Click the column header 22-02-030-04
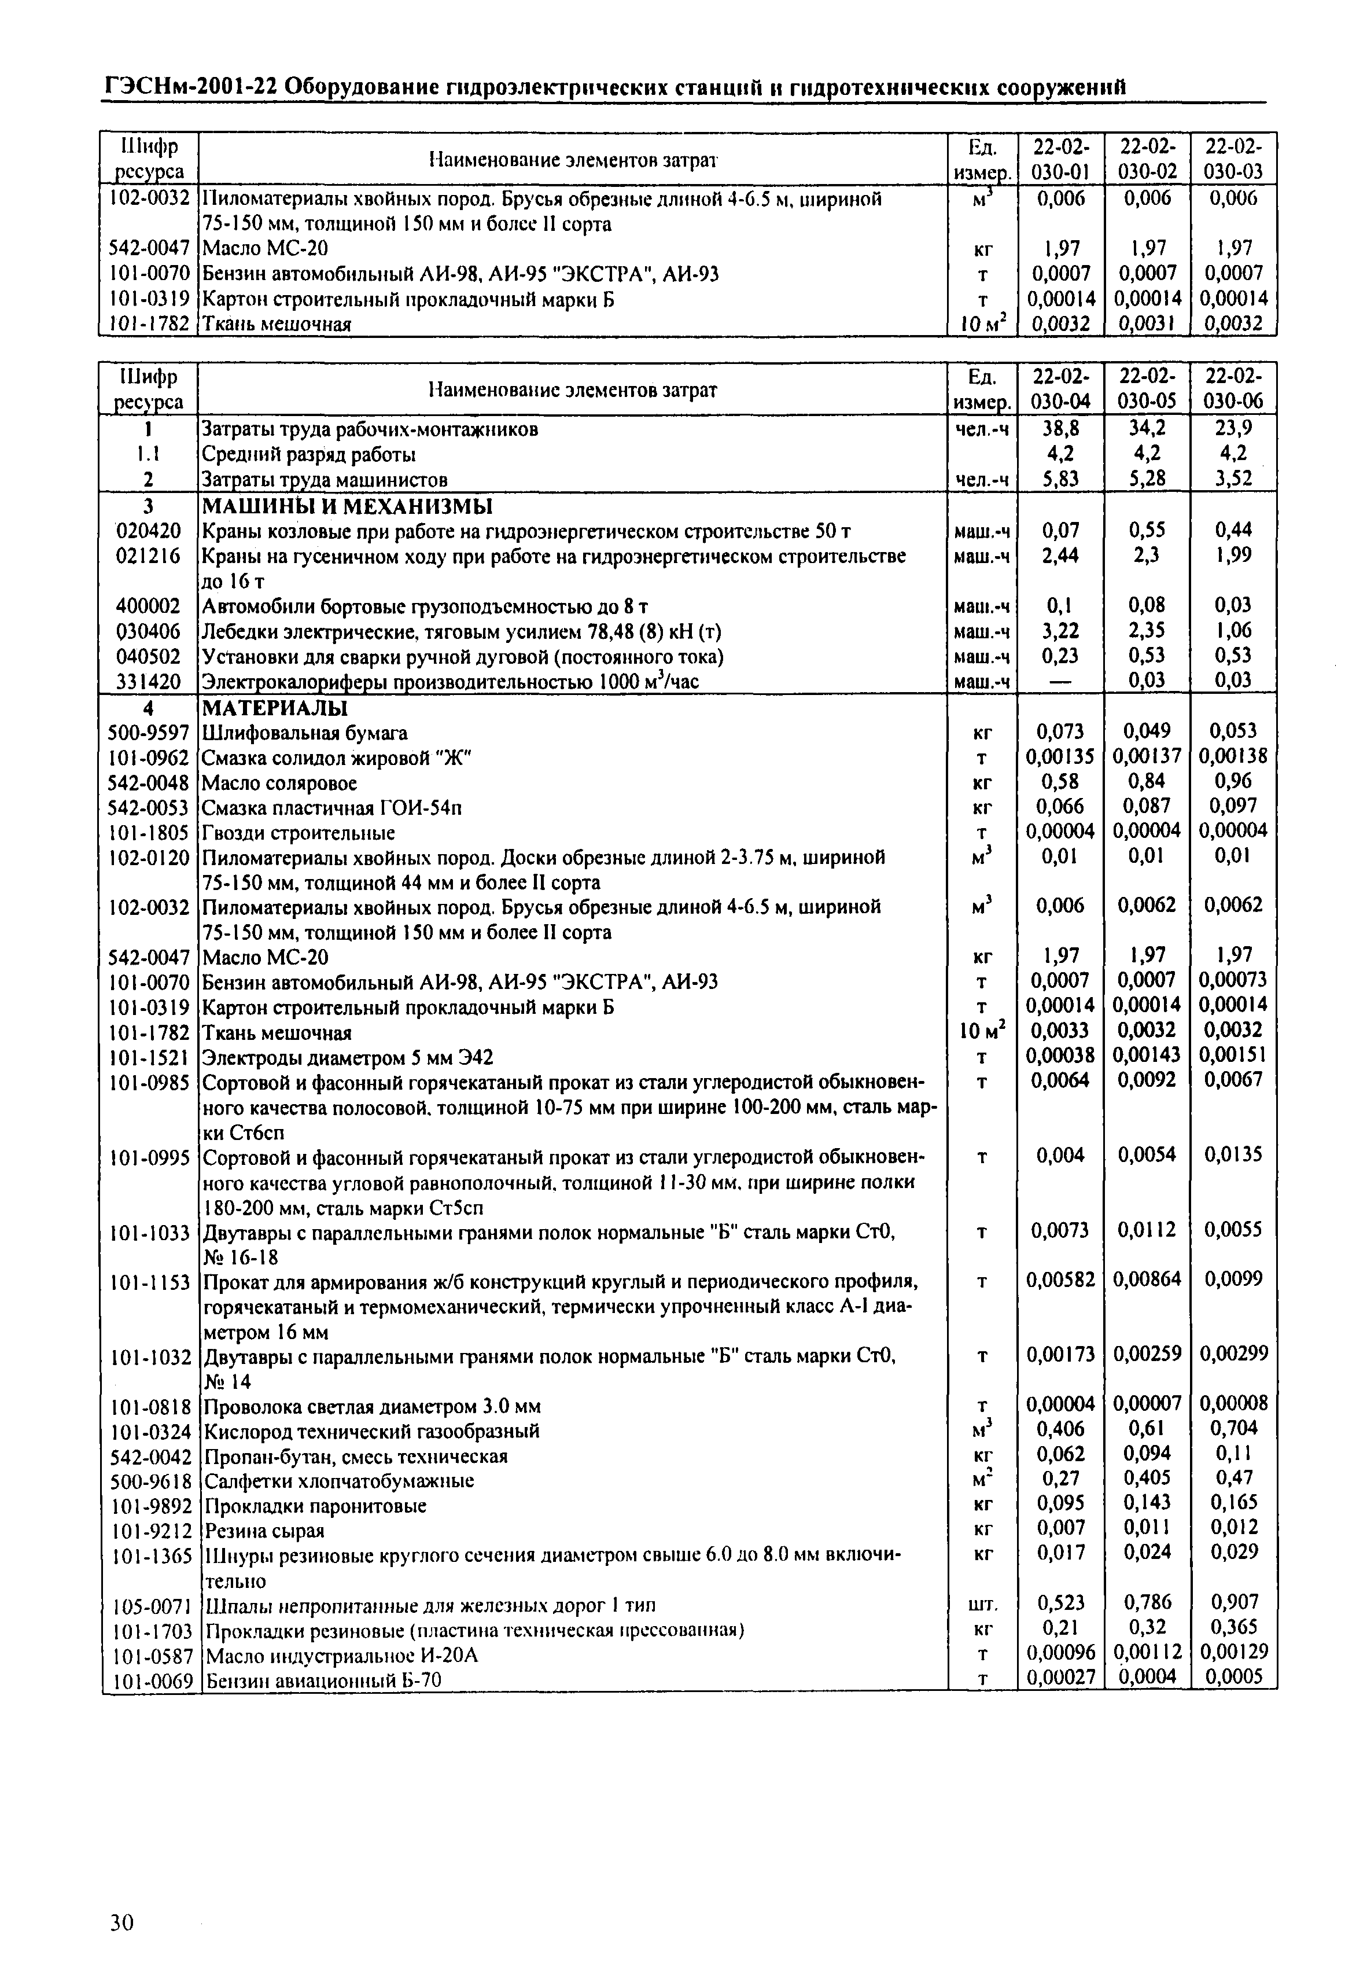pos(1060,388)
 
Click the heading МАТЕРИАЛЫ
pos(274,708)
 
